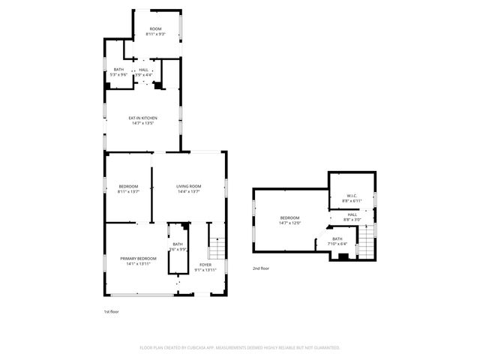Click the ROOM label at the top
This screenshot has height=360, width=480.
point(156,28)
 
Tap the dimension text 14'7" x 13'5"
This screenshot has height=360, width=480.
point(142,123)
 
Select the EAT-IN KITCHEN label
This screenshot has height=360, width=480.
point(142,118)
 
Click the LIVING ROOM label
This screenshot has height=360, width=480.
point(189,186)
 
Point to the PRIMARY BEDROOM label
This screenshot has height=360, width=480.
point(138,258)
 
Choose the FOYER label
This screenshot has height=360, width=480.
point(205,265)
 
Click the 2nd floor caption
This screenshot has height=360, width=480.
point(260,268)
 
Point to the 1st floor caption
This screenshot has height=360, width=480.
point(111,311)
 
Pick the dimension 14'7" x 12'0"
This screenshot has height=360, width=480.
point(289,223)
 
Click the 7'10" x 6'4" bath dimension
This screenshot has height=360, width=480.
point(337,243)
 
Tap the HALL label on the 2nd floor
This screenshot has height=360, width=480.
point(352,214)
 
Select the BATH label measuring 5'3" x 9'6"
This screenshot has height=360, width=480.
point(118,70)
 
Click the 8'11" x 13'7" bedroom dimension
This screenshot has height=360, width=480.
point(129,191)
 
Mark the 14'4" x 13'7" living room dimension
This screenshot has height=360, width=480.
point(189,191)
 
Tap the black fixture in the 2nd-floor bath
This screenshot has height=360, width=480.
point(343,256)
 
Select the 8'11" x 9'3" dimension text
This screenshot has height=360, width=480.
point(156,34)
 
